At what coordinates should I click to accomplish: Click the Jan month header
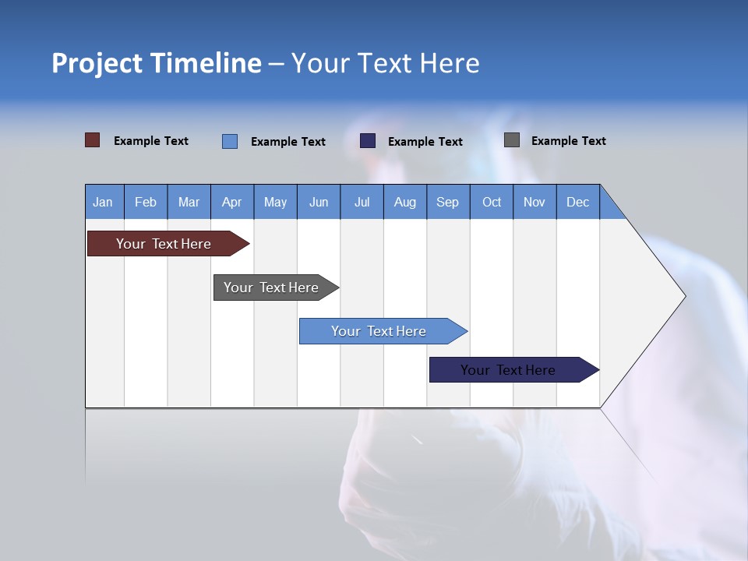click(104, 202)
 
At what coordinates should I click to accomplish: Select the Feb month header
click(146, 202)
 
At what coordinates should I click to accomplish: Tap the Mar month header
click(189, 202)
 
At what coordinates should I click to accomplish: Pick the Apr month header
click(232, 202)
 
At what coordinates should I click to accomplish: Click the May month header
click(275, 202)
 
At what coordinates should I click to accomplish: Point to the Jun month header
click(319, 202)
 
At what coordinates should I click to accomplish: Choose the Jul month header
click(362, 202)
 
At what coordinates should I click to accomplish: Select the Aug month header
click(405, 202)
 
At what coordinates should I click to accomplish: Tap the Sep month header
click(448, 202)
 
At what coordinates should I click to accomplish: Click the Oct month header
click(492, 202)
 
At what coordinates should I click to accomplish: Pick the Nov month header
click(535, 202)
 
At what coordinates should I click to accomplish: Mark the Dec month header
click(578, 202)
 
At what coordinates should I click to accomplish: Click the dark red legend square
click(93, 140)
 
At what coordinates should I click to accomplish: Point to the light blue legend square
click(230, 141)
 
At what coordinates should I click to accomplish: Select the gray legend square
click(512, 140)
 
